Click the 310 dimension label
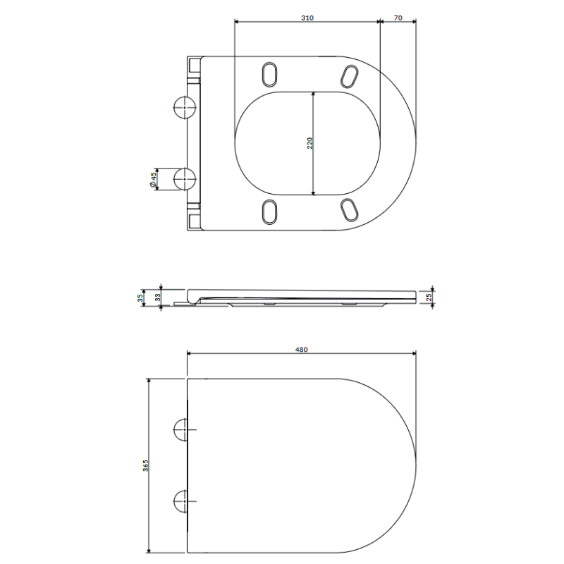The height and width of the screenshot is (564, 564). [307, 18]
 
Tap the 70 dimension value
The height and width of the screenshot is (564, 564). [398, 18]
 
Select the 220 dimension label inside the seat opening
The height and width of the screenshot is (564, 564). [310, 143]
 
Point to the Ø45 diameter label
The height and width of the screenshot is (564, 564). [153, 180]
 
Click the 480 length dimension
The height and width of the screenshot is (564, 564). [302, 349]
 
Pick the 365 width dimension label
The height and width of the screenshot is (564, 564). [145, 465]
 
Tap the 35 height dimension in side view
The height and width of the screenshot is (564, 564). [140, 298]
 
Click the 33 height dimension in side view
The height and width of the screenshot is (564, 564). [157, 298]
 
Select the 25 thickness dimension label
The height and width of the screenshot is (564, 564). [429, 297]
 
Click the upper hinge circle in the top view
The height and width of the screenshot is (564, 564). [185, 107]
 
